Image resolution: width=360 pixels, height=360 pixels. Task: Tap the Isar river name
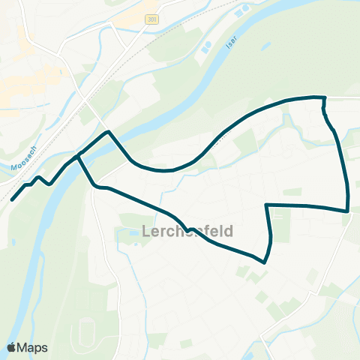(x=230, y=43)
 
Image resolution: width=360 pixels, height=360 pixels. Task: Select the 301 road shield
(x=152, y=19)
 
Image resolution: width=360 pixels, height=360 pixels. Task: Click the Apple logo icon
(x=12, y=347)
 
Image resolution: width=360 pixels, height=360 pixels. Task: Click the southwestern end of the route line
(x=12, y=200)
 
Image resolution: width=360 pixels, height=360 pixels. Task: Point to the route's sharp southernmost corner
(x=264, y=262)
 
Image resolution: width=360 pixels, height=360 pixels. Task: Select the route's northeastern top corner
(x=324, y=97)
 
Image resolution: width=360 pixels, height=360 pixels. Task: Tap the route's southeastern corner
(x=348, y=211)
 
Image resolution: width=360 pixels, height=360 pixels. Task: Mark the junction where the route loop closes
(x=78, y=155)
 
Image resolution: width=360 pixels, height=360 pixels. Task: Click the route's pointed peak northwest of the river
(x=110, y=132)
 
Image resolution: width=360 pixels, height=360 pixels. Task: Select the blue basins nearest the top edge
(x=241, y=11)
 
